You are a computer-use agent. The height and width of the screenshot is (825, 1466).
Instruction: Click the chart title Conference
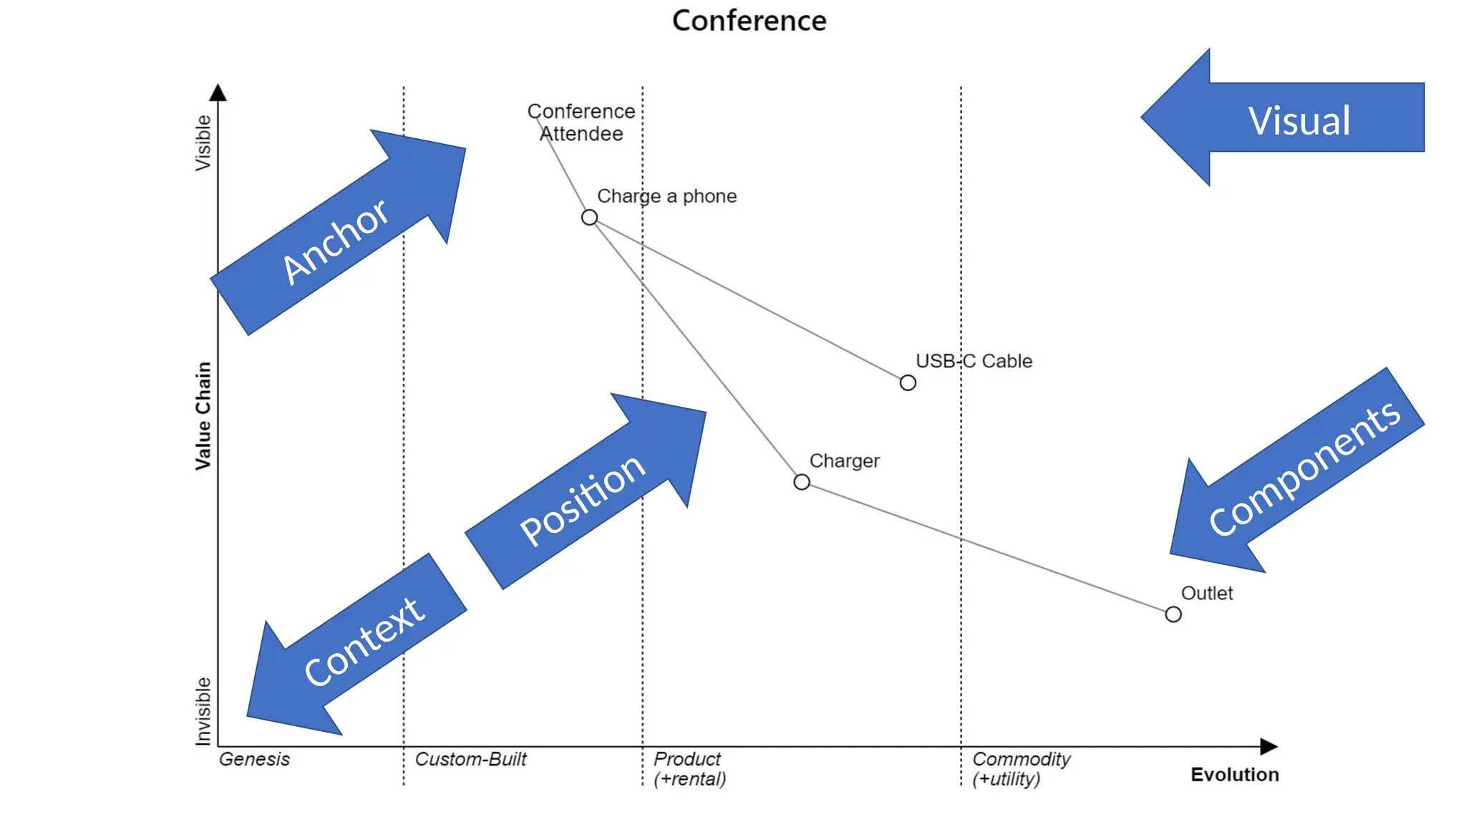click(749, 21)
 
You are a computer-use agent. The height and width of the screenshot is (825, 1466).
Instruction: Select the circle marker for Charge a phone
click(589, 217)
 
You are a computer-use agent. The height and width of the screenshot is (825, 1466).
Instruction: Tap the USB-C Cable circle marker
click(908, 383)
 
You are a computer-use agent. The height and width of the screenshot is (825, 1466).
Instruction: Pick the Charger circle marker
click(802, 482)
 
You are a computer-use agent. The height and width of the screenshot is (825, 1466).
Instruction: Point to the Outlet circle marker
click(1173, 614)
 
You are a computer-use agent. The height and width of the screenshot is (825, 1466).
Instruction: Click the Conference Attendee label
click(581, 122)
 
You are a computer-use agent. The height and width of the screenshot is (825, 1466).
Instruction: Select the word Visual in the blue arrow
click(1299, 120)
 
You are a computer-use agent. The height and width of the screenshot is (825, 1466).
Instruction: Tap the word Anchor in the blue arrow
click(335, 241)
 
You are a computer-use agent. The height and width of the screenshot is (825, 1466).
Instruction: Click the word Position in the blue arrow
click(583, 499)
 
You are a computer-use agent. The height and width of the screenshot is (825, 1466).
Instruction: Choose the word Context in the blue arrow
click(364, 641)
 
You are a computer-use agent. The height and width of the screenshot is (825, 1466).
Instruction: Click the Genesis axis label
click(254, 759)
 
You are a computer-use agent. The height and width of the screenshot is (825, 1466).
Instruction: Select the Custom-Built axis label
click(470, 759)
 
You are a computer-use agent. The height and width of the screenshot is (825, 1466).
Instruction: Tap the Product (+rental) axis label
click(689, 768)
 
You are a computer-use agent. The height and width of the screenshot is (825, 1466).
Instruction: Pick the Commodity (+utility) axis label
click(1021, 768)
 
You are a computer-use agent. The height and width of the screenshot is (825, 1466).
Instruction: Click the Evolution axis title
click(1234, 775)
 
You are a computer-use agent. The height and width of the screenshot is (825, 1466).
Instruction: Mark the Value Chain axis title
click(203, 415)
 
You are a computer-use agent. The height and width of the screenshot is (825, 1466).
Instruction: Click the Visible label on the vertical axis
click(203, 143)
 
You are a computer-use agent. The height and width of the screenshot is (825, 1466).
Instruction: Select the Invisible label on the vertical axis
click(203, 711)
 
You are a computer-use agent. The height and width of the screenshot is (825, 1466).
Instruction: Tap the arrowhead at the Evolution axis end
click(1268, 746)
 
